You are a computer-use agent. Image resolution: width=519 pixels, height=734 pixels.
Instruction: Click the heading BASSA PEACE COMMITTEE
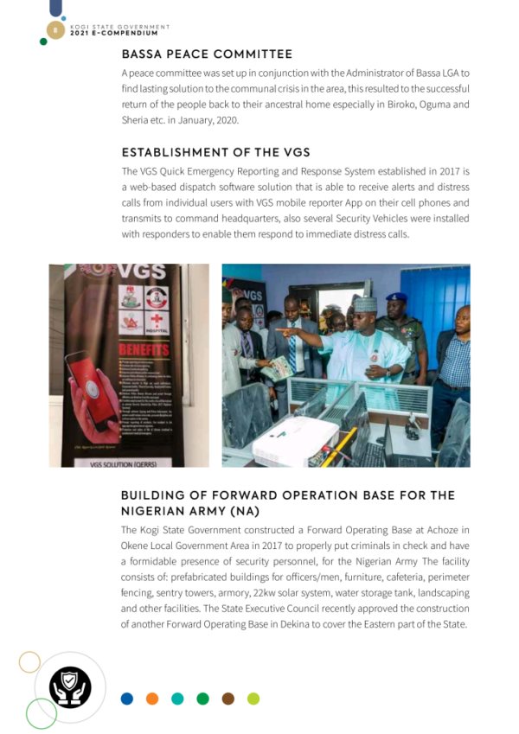point(207,54)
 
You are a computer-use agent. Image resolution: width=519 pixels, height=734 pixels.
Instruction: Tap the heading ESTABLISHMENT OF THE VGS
point(215,152)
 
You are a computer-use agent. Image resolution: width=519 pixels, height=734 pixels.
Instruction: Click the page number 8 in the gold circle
point(54,30)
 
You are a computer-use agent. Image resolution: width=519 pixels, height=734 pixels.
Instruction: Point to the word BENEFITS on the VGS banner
point(144,348)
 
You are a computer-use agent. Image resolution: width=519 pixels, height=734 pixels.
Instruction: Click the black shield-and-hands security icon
point(70,686)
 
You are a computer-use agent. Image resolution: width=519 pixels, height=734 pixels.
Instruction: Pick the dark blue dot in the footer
point(127,699)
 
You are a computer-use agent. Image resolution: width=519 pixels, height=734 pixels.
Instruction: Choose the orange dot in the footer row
point(152,699)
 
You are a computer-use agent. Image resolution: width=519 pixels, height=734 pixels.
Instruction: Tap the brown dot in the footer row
point(227,699)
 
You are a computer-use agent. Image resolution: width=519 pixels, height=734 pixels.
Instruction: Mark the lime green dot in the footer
point(253,699)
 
